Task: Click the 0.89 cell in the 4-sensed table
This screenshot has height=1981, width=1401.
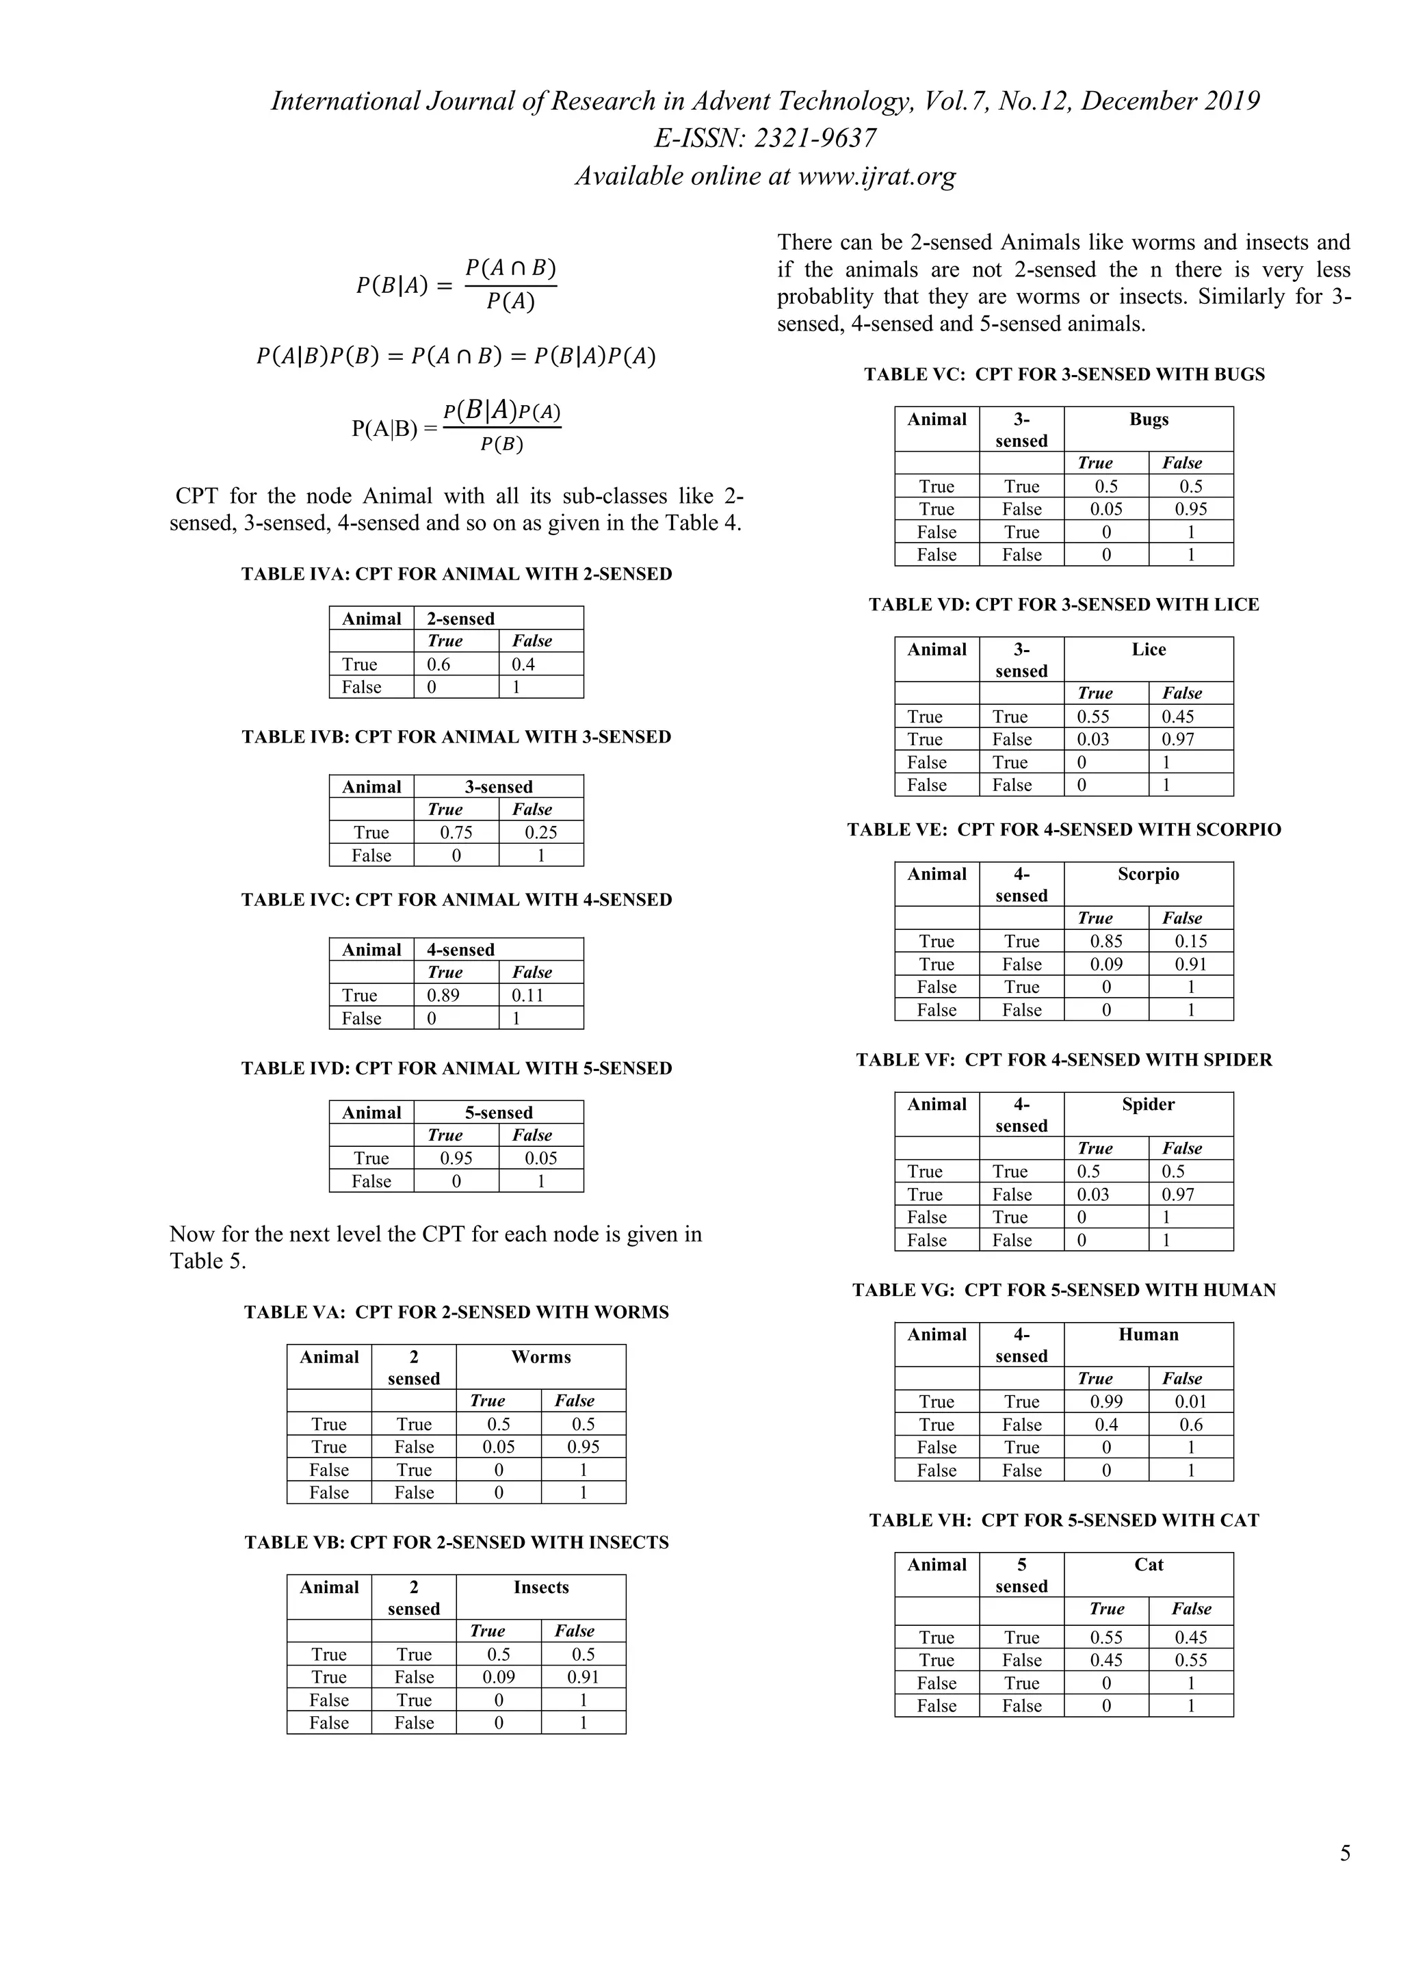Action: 443,995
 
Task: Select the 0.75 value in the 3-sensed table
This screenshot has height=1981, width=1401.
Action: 456,833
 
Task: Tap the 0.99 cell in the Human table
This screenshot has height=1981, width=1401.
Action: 1106,1401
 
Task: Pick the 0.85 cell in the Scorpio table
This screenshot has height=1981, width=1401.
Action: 1106,942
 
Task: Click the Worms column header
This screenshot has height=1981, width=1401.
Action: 541,1356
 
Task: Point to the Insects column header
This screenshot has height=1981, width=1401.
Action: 541,1587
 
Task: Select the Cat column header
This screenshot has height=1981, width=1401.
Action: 1149,1564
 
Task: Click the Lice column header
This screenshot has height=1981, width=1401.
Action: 1149,649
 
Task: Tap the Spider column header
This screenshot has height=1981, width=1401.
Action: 1149,1104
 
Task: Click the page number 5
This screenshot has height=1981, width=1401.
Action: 1345,1852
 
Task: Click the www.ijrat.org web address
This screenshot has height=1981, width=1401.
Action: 876,176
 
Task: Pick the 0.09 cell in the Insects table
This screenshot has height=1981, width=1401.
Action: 499,1676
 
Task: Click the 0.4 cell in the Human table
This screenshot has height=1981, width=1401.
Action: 1106,1425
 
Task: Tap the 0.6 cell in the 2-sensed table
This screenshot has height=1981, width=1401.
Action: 438,664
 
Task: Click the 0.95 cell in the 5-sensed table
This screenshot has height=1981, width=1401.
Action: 456,1158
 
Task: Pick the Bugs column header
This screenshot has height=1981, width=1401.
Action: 1149,419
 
